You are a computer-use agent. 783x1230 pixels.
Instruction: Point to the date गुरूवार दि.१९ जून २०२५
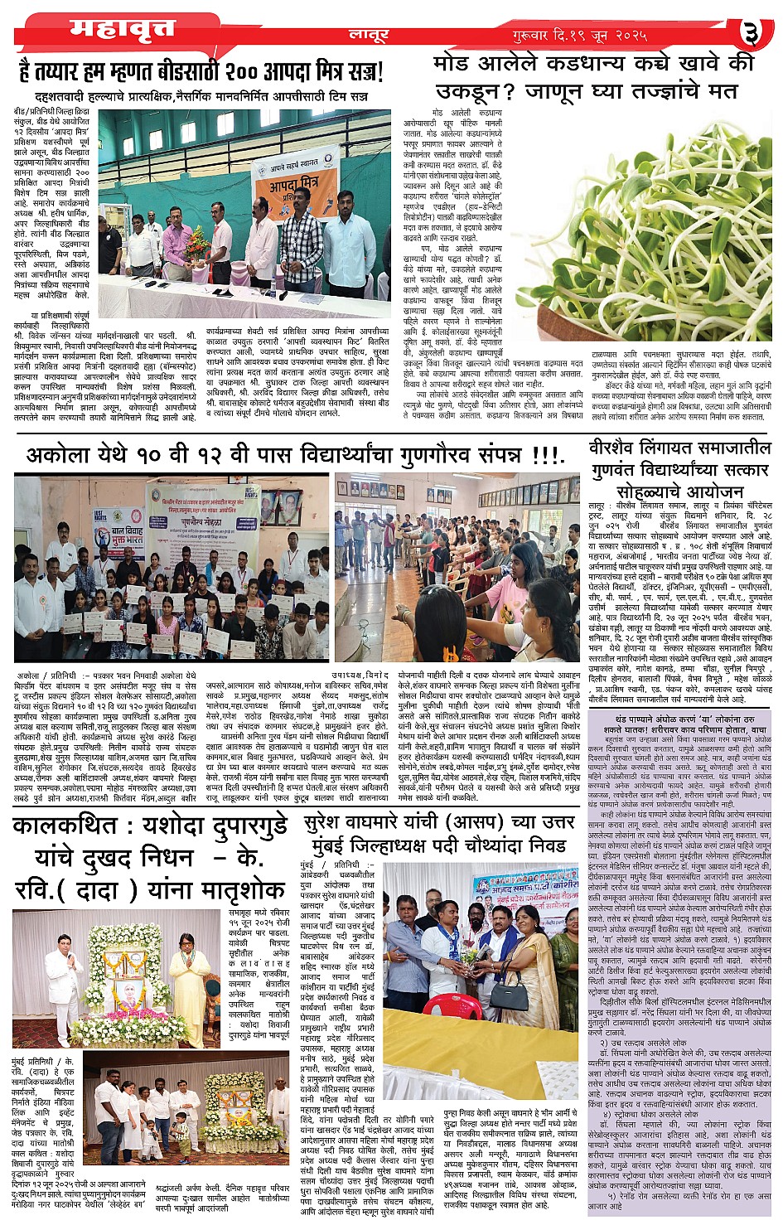[x=578, y=36]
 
